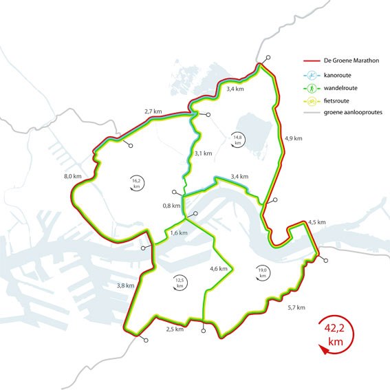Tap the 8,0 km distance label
pos(72,177)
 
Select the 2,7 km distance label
pos(153,111)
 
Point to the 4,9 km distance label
pos(293,138)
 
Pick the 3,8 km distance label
pos(126,285)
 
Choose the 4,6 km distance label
pos(219,268)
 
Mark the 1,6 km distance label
pos(179,234)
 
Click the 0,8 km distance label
pos(171,206)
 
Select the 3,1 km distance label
pos(203,153)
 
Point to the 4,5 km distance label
pos(317,221)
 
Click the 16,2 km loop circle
pos(137,182)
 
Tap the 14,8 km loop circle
pos(238,138)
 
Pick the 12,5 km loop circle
pos(180,282)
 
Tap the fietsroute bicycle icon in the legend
pos(312,100)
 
